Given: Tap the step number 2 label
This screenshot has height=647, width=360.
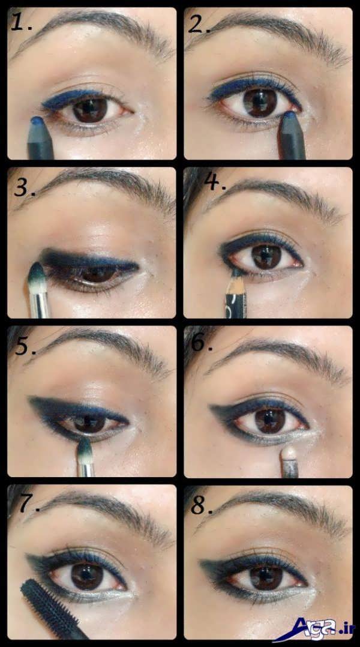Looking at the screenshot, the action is (x=199, y=24).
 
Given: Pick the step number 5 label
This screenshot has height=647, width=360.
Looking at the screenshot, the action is (x=25, y=345).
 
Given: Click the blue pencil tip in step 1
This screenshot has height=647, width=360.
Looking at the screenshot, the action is (x=38, y=121).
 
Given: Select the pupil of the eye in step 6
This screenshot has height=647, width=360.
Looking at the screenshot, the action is (x=269, y=421).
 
